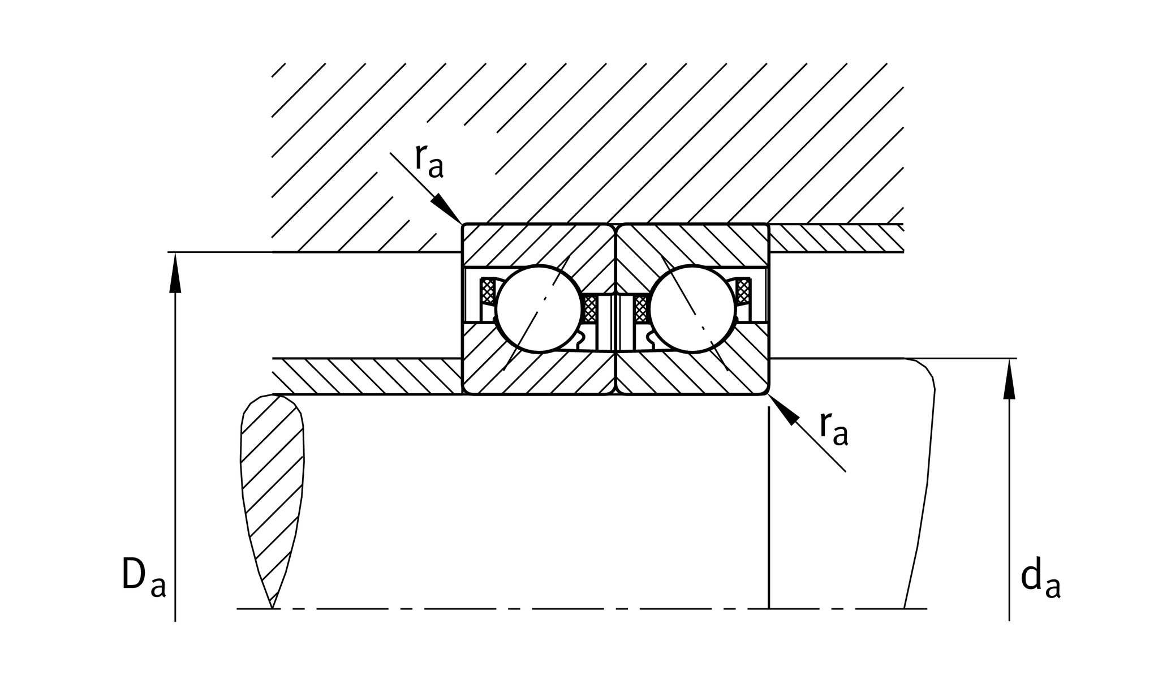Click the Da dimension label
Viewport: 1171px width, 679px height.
click(144, 577)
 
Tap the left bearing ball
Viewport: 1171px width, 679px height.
click(539, 309)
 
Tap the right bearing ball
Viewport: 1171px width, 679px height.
click(693, 309)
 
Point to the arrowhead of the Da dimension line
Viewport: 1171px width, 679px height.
click(175, 272)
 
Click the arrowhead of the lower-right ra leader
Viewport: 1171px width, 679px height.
click(783, 409)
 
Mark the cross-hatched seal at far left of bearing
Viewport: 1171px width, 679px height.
click(487, 291)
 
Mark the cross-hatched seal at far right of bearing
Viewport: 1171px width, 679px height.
click(743, 291)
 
